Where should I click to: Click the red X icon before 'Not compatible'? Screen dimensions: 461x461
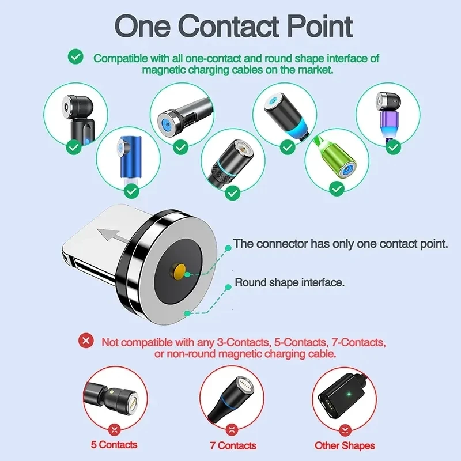pyautogui.click(x=86, y=341)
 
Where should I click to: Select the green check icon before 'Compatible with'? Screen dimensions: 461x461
pyautogui.click(x=75, y=57)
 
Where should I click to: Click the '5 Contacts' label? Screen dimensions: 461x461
pyautogui.click(x=114, y=444)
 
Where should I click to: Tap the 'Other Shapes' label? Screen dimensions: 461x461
pyautogui.click(x=345, y=445)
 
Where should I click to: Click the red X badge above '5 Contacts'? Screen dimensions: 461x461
pyautogui.click(x=114, y=428)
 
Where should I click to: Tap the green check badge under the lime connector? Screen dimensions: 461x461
pyautogui.click(x=337, y=188)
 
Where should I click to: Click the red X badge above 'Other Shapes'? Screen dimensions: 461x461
pyautogui.click(x=345, y=429)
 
